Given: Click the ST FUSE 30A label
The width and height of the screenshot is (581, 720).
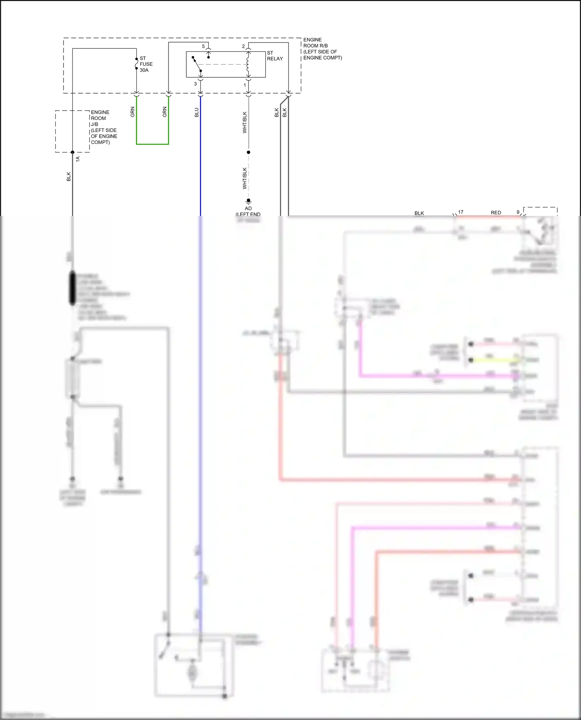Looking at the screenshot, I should coord(146,64).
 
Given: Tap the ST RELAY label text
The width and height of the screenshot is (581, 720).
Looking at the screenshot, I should coord(275,56).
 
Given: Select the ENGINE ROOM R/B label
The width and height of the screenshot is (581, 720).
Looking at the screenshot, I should coord(322,49).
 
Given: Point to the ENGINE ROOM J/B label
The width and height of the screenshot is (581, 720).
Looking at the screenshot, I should coord(104,127).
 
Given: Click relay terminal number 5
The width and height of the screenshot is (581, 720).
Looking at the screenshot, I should coord(203,46).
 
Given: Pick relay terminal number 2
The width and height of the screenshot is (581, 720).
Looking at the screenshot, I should coord(243,46).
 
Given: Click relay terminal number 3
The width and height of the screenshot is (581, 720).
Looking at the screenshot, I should coord(195,84).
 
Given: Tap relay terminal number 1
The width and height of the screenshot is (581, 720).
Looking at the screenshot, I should coord(244,85).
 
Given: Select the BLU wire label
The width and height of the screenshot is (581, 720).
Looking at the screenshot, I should coord(196,113).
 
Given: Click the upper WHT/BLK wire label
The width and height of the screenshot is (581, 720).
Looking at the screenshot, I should coord(244,122).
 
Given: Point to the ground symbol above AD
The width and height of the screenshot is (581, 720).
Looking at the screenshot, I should coord(248,201).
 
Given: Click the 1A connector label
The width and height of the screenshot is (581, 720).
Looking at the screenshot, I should coord(77,159).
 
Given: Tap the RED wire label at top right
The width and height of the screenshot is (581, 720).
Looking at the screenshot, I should coord(496,212).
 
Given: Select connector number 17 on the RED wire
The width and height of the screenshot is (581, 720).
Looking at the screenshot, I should coord(461,212).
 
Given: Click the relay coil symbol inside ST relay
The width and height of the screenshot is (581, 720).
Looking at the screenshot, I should coord(248,64).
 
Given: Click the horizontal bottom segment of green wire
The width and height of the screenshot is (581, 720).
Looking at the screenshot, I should coord(152,144).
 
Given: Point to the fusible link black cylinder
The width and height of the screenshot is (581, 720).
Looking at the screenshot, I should coord(72,289).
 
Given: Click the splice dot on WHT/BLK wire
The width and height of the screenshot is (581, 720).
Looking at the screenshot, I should coord(248,152).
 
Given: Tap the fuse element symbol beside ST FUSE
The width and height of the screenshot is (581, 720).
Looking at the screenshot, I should coord(136,64).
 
